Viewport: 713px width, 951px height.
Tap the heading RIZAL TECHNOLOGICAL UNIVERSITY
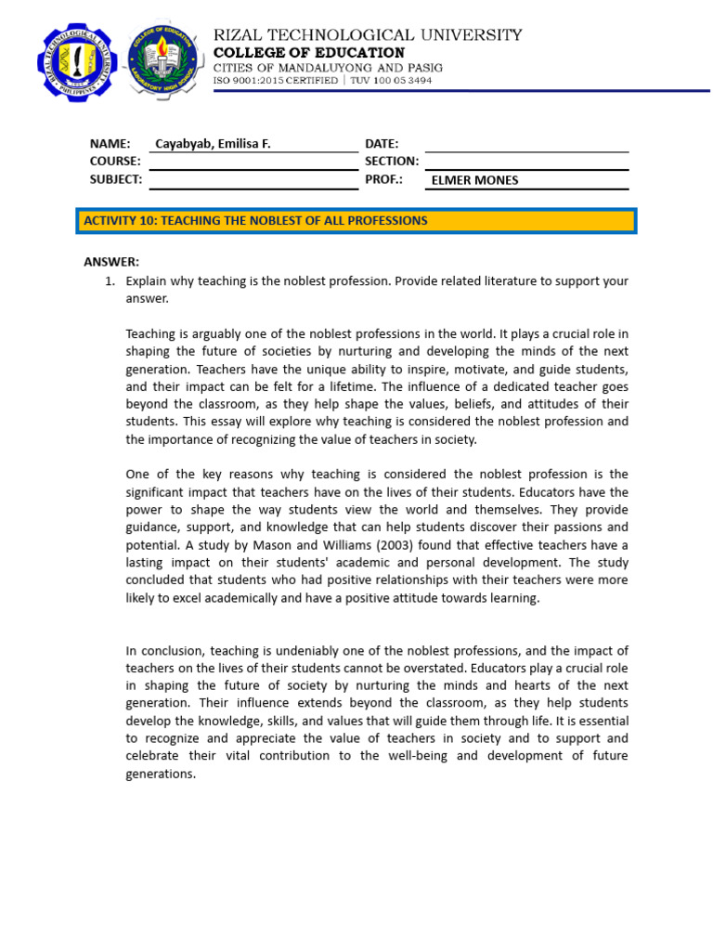tap(368, 35)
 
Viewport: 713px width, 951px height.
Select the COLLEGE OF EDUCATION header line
tap(309, 53)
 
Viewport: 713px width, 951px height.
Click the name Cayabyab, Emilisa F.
tap(213, 144)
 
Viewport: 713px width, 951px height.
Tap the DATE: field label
tap(382, 144)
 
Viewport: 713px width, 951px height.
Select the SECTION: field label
tap(392, 162)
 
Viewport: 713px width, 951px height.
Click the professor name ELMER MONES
tap(473, 180)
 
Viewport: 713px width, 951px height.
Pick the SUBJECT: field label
tap(116, 179)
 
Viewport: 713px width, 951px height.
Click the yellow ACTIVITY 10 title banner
tap(355, 221)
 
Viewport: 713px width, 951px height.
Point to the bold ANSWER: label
tap(111, 262)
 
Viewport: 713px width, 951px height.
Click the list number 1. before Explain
tap(109, 280)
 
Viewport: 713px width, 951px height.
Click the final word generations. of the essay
tap(161, 774)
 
